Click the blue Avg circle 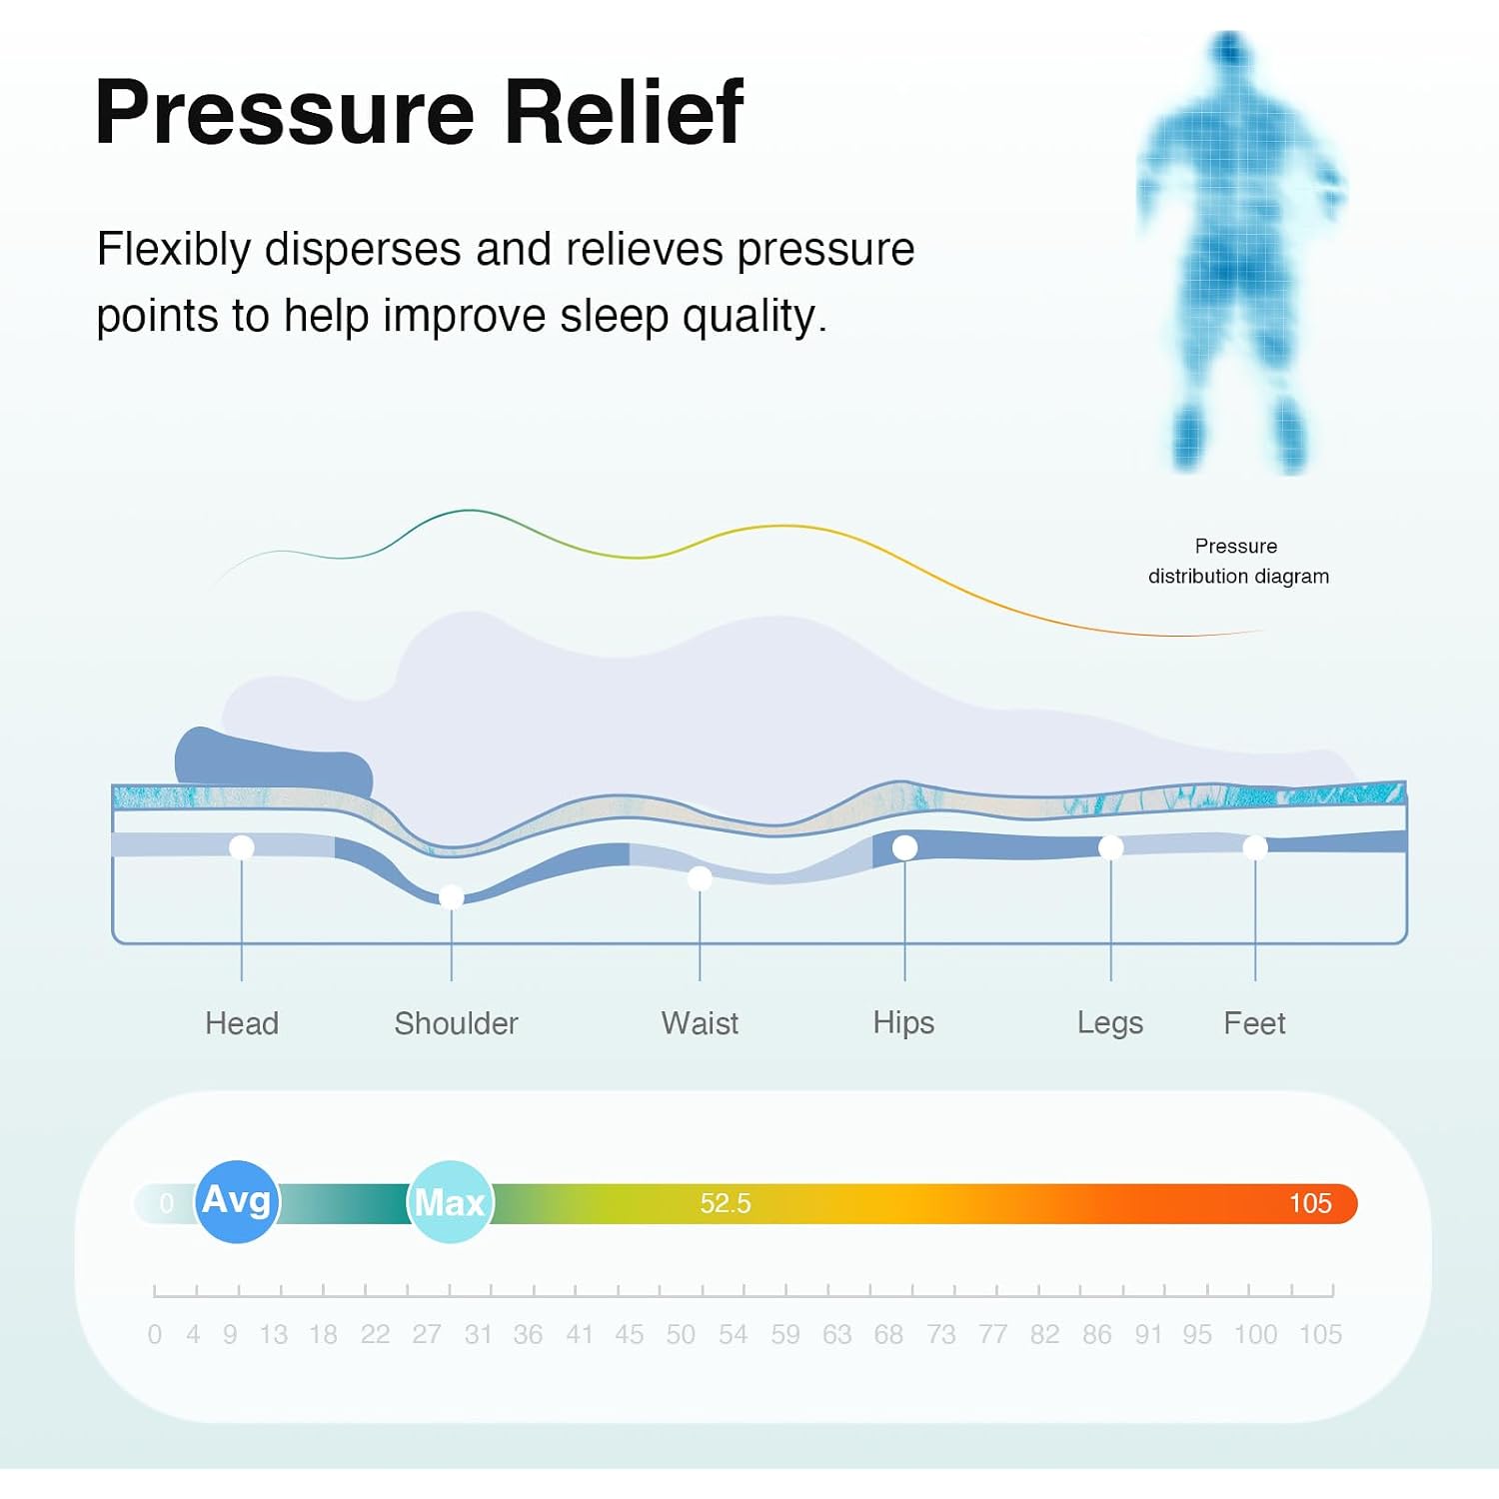coord(237,1201)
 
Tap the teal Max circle coord(450,1202)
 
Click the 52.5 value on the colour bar coord(726,1203)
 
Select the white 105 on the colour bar coord(1310,1203)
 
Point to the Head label coord(242,1023)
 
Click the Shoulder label coord(456,1023)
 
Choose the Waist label coord(700,1023)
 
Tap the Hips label coord(903,1023)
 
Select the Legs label coord(1110,1023)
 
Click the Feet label coord(1254,1023)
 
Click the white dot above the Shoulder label coord(452,896)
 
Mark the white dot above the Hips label coord(904,847)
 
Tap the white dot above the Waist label coord(700,878)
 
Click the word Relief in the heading coord(625,111)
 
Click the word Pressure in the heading coord(285,111)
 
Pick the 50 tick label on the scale coord(681,1334)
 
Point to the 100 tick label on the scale coord(1255,1334)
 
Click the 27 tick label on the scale coord(427,1334)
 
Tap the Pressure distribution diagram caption coord(1238,561)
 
